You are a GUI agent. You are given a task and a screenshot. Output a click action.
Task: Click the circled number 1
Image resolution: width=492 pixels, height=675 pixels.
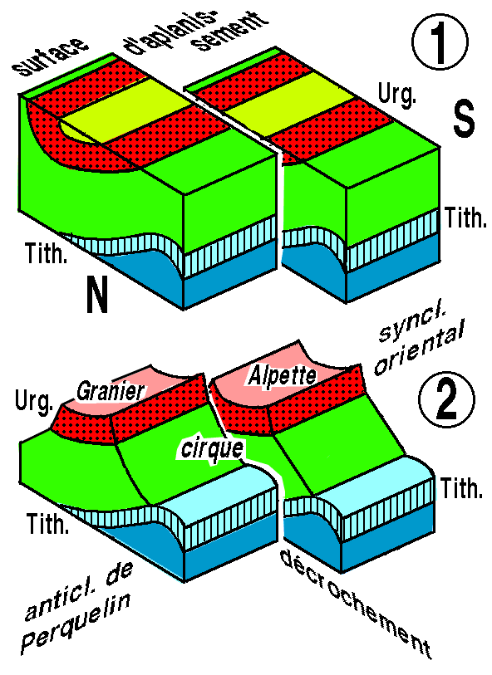coord(439,42)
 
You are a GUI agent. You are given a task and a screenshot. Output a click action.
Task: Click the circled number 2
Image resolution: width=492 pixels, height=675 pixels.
coord(447,401)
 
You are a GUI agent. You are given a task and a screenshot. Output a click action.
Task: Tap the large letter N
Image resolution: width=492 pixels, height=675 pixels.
coord(97,295)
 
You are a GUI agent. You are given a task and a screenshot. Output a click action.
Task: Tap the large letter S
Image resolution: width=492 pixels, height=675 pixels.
coord(464,118)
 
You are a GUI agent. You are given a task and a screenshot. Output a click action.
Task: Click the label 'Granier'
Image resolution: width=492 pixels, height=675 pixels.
coord(111,391)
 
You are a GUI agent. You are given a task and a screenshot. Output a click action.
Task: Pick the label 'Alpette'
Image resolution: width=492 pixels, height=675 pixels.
coord(282,376)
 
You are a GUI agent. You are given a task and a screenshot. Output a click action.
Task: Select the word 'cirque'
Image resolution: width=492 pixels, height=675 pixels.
coord(212,450)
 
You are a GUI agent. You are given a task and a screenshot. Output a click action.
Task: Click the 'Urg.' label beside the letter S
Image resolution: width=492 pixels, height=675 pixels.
coord(396,95)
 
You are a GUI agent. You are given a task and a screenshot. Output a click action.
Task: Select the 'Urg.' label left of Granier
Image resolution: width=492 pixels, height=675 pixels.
coord(34,401)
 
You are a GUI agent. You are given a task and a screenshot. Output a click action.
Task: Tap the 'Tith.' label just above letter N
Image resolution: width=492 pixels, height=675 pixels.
coord(46,253)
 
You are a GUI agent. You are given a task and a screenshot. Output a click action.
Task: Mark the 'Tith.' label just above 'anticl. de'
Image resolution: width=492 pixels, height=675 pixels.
coord(48,523)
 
